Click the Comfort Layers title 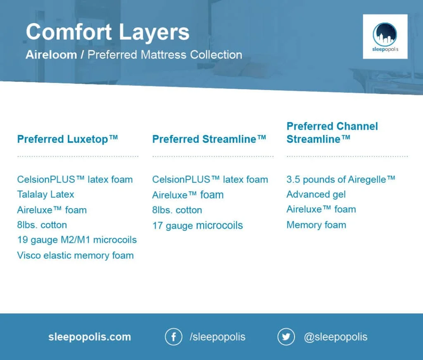pyautogui.click(x=107, y=32)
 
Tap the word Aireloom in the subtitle pyautogui.click(x=51, y=55)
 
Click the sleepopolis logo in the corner pyautogui.click(x=385, y=37)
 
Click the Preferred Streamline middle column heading pyautogui.click(x=209, y=139)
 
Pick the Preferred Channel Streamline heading pyautogui.click(x=332, y=133)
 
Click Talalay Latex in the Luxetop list pyautogui.click(x=45, y=194)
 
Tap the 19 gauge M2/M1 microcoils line pyautogui.click(x=77, y=240)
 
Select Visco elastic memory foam pyautogui.click(x=75, y=255)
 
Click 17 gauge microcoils pyautogui.click(x=197, y=225)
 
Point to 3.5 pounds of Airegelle pyautogui.click(x=341, y=179)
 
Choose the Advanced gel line pyautogui.click(x=316, y=194)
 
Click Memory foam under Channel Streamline pyautogui.click(x=316, y=225)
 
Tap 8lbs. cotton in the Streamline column pyautogui.click(x=177, y=210)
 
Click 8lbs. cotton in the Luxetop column pyautogui.click(x=42, y=225)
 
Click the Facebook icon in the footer pyautogui.click(x=173, y=337)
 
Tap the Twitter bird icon pyautogui.click(x=286, y=337)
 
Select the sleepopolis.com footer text pyautogui.click(x=90, y=337)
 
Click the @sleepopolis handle pyautogui.click(x=335, y=337)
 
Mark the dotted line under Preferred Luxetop pyautogui.click(x=78, y=157)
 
